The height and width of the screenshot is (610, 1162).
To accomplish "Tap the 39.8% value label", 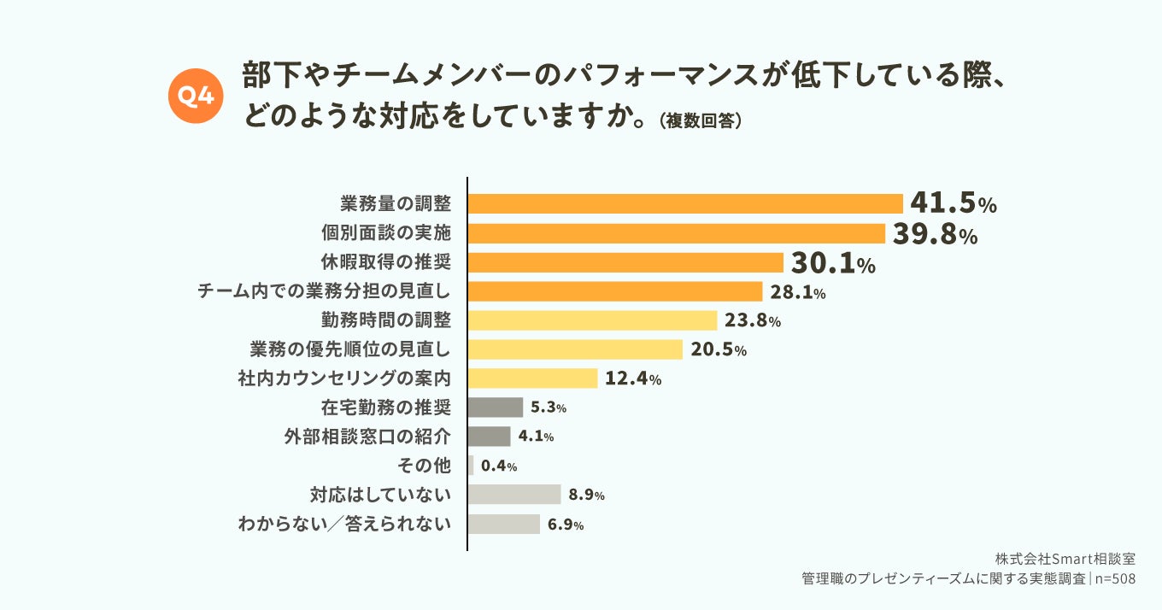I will pos(935,233).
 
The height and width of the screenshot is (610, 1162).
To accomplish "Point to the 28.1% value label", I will pos(797,292).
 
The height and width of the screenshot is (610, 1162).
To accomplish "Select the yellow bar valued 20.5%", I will pos(575,349).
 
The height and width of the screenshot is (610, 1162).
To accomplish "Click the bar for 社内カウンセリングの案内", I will pos(532,378).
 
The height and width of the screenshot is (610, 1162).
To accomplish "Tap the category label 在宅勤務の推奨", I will pos(392,408).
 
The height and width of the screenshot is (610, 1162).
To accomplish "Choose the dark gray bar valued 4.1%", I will pos(490,437).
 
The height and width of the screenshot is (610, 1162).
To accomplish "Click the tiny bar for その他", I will pos(471,466).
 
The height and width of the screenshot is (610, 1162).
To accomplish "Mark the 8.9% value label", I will pos(586,496).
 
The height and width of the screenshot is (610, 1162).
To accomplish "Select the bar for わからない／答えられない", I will pos(504,525).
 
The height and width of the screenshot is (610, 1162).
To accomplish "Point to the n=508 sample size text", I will pos(1115,578).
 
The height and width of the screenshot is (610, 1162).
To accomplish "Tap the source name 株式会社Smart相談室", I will pos(1065,559).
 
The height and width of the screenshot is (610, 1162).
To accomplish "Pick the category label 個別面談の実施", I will pos(385,233).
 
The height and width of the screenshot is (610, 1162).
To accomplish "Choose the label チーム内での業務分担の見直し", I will pos(324,292).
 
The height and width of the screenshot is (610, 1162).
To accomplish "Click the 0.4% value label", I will pos(499,466).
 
